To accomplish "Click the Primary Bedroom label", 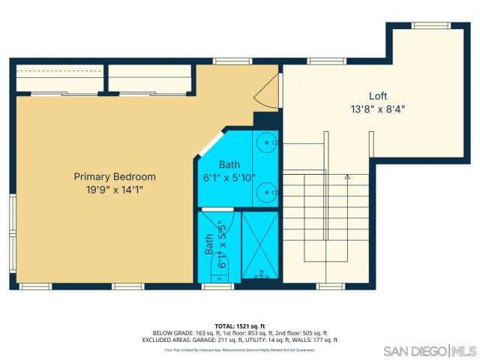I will click(114, 177).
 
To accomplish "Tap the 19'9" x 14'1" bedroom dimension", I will click(114, 190).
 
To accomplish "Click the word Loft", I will click(378, 96).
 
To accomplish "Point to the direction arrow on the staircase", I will click(347, 178).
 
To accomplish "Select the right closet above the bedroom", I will click(150, 78).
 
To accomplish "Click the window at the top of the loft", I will click(430, 25).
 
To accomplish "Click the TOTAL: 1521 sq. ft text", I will click(240, 325).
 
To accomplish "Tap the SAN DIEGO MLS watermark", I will click(430, 351).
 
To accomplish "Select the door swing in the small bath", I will click(229, 225).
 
